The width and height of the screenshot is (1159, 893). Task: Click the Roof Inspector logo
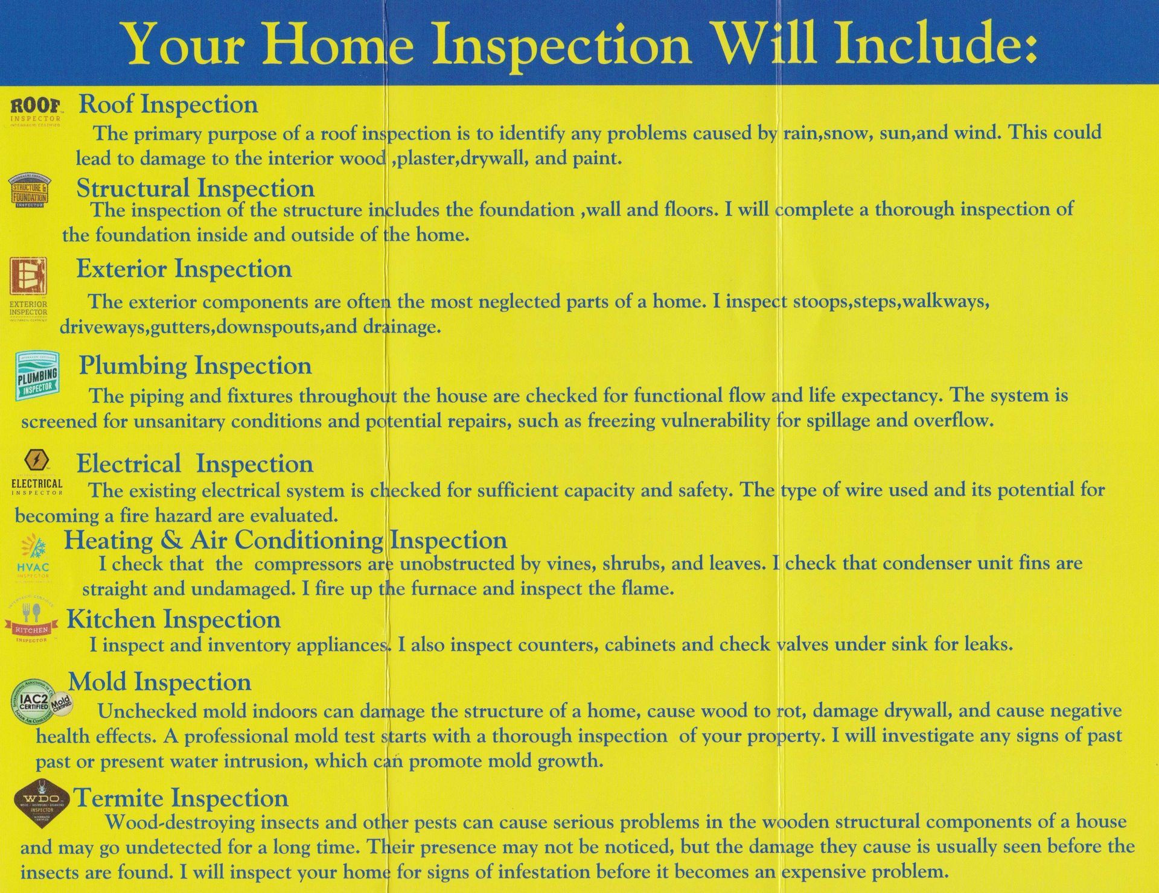click(x=36, y=111)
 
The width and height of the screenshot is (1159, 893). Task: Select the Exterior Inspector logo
click(x=28, y=287)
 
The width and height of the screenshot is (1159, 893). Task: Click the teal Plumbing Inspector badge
click(x=37, y=376)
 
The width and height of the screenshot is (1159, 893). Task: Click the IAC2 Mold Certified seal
click(x=42, y=701)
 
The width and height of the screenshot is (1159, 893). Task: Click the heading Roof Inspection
click(x=168, y=104)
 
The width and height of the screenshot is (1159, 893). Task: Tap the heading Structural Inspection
click(x=195, y=188)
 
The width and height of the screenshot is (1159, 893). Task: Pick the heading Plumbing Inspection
click(x=195, y=365)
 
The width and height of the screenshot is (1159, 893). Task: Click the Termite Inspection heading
click(x=180, y=798)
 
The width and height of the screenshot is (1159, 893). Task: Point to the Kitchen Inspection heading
click(x=173, y=619)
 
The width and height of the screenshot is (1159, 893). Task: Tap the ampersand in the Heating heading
click(x=171, y=539)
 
